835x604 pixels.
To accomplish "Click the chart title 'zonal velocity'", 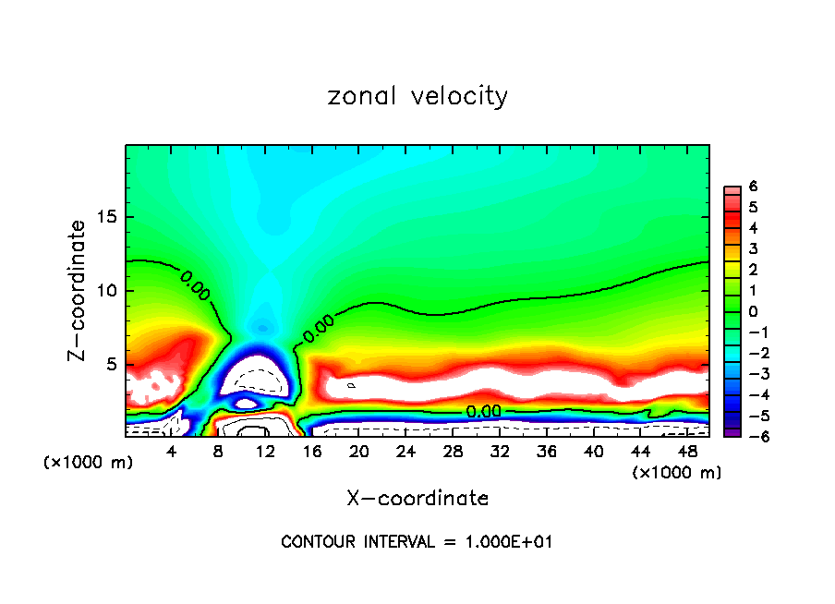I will tap(417, 96).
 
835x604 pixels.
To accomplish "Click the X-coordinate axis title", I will tap(417, 499).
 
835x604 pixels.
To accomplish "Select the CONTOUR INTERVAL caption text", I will tap(417, 542).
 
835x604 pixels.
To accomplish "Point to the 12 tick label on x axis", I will tap(265, 452).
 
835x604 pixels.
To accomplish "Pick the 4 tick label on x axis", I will tap(172, 452).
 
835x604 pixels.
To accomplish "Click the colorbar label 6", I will tap(754, 187).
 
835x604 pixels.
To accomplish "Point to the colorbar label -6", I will tap(750, 437).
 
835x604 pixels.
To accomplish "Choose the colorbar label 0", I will tap(754, 311).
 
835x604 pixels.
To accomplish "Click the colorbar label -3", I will tap(750, 374).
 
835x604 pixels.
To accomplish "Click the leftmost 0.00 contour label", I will tap(195, 285).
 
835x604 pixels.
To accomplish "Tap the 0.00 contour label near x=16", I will tap(318, 331).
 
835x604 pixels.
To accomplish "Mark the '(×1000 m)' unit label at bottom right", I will tap(677, 473).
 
